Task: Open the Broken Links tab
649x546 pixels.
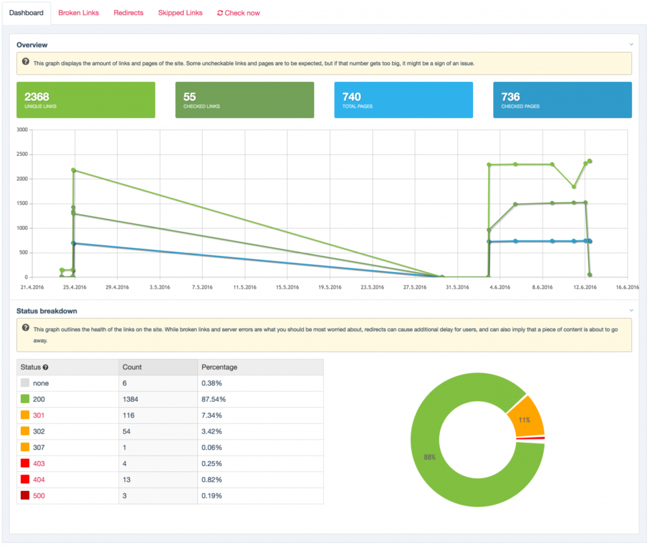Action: click(x=79, y=12)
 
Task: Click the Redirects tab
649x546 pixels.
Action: click(x=128, y=12)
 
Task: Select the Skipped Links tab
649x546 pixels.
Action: click(x=180, y=12)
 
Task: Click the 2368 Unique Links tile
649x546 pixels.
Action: click(x=86, y=100)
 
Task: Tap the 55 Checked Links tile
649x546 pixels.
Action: click(x=245, y=100)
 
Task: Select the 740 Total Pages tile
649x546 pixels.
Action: click(x=404, y=100)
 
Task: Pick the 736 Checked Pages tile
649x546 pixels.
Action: click(x=562, y=100)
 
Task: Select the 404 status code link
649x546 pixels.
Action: click(x=39, y=479)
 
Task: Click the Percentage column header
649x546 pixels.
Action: click(x=219, y=367)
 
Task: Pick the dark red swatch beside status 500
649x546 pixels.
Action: click(x=25, y=495)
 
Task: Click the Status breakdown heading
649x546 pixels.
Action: click(x=47, y=311)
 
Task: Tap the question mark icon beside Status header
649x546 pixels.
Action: click(x=45, y=367)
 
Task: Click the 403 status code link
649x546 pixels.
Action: click(x=39, y=464)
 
